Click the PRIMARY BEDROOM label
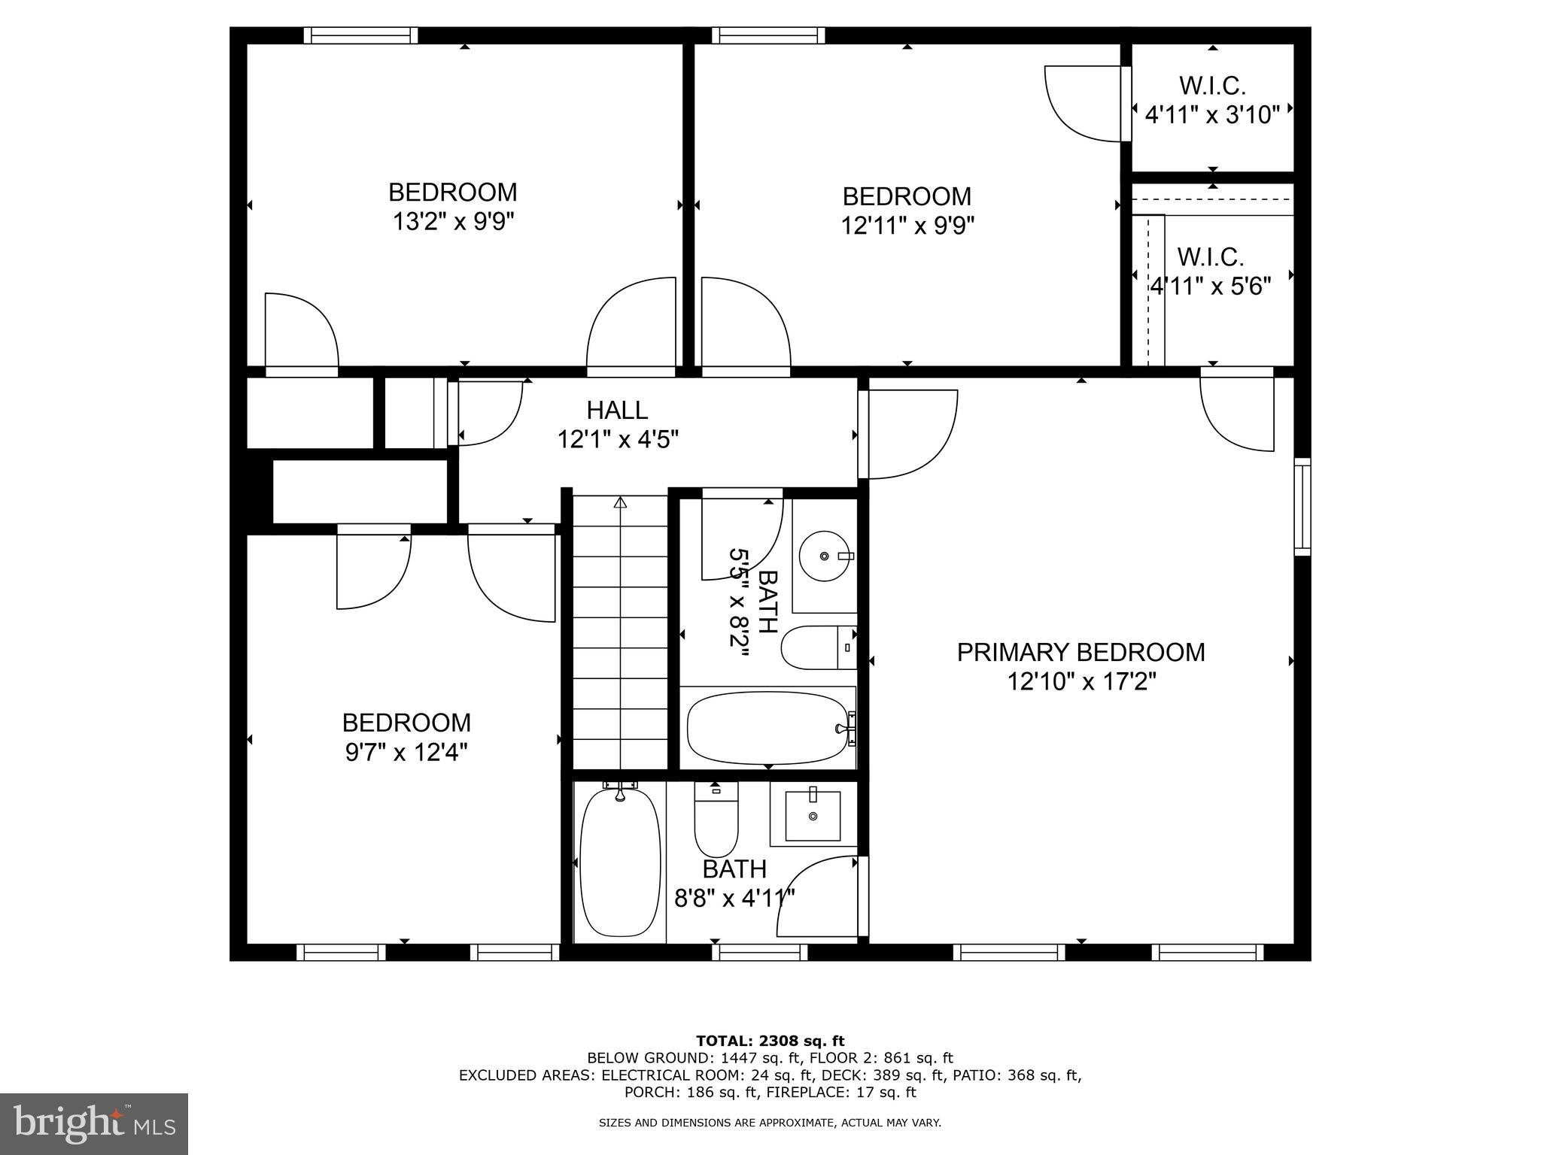pos(1081,652)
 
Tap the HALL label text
pos(617,411)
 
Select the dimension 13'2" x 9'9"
pos(453,223)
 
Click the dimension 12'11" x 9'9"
pos(907,226)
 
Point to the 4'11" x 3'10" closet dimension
pos(1212,115)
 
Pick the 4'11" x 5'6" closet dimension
pos(1211,286)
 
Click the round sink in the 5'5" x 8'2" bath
pos(825,556)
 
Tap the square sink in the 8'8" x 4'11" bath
pos(813,816)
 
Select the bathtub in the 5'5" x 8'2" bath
pos(767,727)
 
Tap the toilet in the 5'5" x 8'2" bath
pos(817,647)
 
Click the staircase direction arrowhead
pos(620,502)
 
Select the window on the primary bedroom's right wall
pos(1302,507)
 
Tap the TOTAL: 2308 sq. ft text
pos(770,1041)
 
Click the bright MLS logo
pos(94,1124)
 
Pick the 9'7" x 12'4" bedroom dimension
pos(406,752)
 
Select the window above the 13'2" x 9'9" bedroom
pos(360,35)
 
